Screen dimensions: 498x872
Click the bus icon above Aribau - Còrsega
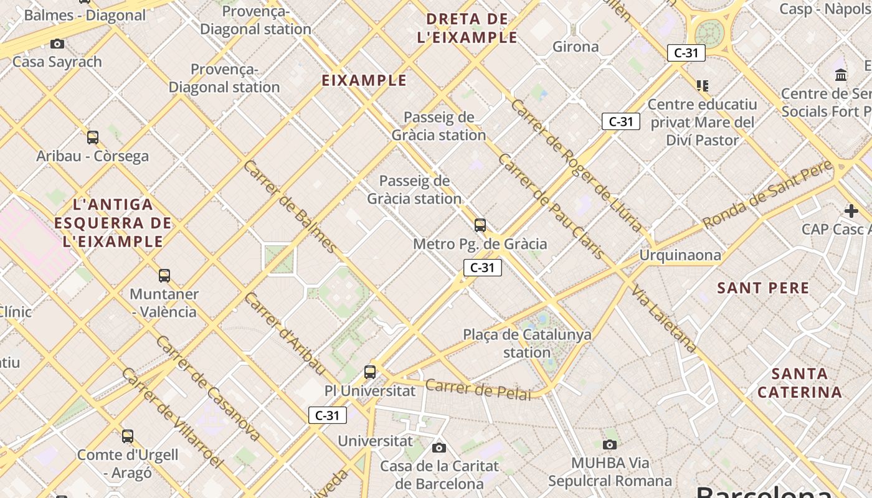(93, 138)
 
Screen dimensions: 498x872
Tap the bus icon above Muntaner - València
(164, 275)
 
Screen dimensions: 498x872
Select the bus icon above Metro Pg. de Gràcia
(480, 225)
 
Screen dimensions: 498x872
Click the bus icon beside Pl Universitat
(370, 372)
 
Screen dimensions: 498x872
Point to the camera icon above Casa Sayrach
(57, 44)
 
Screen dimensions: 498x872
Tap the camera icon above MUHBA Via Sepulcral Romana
(610, 444)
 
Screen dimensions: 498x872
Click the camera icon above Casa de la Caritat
(439, 448)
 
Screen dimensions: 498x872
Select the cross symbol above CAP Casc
(851, 211)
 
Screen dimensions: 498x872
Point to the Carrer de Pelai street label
(478, 389)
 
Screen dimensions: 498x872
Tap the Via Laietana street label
(664, 318)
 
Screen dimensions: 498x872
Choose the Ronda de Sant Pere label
(767, 194)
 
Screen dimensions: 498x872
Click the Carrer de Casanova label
(207, 387)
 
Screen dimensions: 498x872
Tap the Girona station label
(576, 47)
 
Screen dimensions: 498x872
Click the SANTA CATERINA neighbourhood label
(800, 383)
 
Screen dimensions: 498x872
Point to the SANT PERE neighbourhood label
(763, 288)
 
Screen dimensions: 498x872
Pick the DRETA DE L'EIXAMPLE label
(467, 28)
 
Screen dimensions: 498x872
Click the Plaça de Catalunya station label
(527, 343)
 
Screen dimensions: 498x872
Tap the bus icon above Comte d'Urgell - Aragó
(128, 436)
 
